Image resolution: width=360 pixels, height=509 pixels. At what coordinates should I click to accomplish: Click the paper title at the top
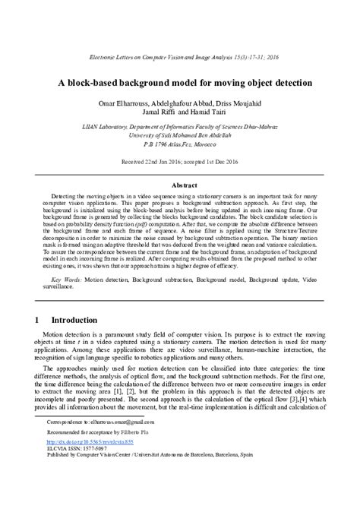coord(180,81)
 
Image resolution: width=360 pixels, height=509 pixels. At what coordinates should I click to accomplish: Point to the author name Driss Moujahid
coord(250,103)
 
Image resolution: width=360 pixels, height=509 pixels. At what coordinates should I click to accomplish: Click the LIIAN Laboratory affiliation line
coord(180,128)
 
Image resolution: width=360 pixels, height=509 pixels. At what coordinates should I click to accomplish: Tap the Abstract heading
coord(180,185)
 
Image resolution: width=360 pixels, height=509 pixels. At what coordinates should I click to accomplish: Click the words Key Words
coord(62,280)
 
